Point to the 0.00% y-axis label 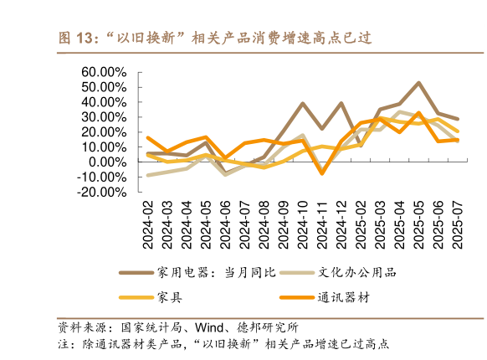click(106, 162)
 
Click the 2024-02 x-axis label click(147, 224)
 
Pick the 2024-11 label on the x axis click(321, 224)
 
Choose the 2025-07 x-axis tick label click(457, 224)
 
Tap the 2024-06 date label click(225, 224)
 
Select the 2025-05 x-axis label click(418, 224)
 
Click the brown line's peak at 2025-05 click(418, 82)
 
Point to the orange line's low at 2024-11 click(321, 173)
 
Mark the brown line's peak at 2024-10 click(302, 103)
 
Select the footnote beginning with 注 click(222, 344)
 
